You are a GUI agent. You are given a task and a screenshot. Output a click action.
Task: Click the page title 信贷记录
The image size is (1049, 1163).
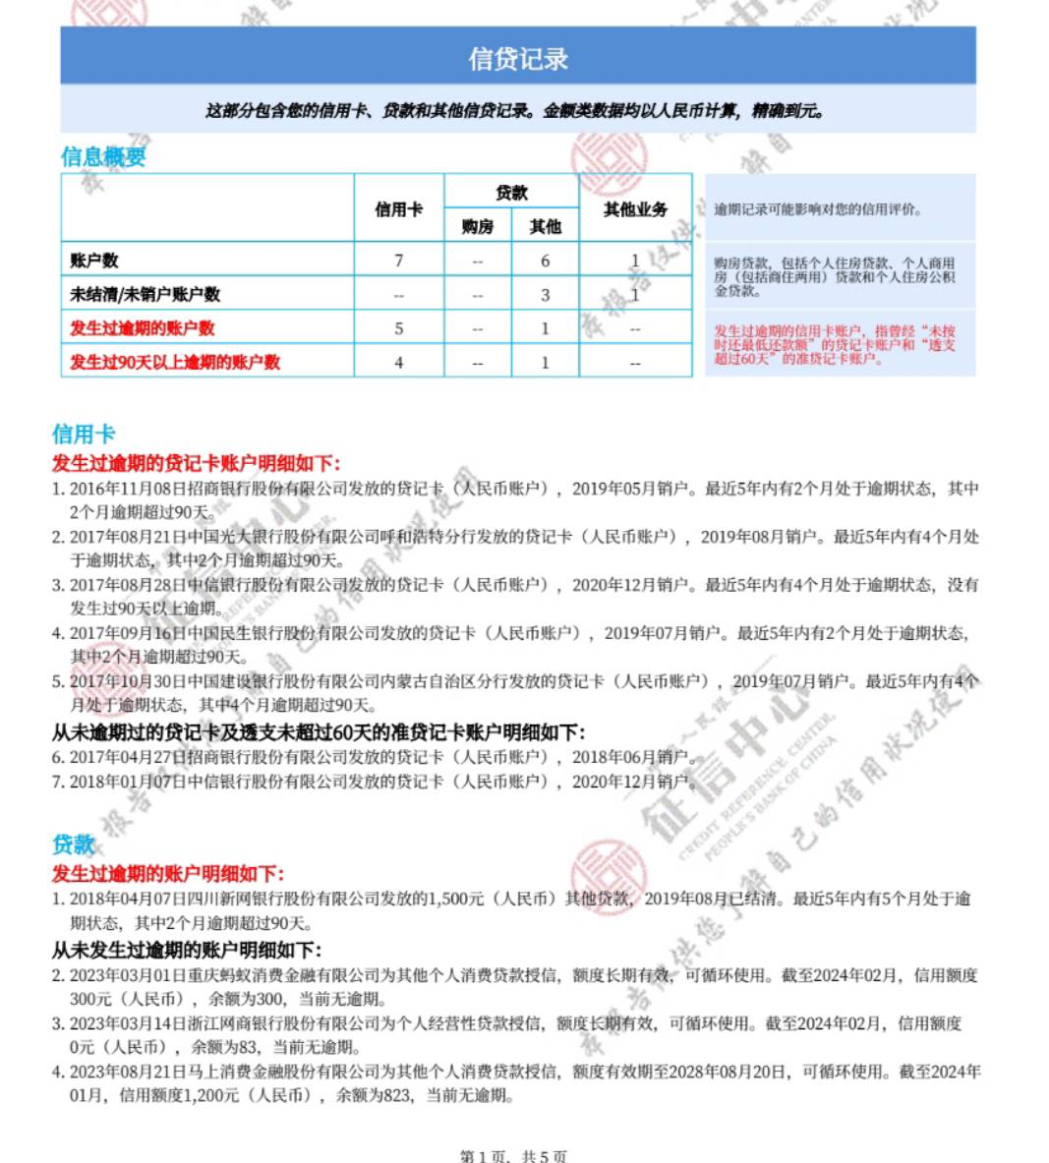[x=518, y=58]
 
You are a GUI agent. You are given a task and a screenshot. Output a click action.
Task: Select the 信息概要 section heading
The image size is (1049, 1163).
[x=103, y=156]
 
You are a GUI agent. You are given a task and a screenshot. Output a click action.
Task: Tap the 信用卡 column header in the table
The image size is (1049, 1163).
[x=398, y=209]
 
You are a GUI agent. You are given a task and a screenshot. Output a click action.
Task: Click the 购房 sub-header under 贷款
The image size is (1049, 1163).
[x=478, y=227]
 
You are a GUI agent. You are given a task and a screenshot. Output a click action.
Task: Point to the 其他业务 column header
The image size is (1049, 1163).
[x=635, y=209]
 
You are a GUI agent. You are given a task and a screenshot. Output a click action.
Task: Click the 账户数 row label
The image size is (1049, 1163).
[x=94, y=261]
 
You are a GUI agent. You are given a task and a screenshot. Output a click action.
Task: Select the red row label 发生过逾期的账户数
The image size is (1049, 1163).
[x=143, y=328]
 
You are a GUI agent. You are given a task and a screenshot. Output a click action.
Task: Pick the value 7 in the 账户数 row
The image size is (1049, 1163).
[x=398, y=261]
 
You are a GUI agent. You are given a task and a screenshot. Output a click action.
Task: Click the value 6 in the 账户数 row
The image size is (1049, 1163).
[x=545, y=261]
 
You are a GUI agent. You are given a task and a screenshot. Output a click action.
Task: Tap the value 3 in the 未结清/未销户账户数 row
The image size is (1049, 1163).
[x=545, y=295]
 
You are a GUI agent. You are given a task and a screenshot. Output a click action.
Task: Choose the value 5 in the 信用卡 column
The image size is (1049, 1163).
[x=398, y=328]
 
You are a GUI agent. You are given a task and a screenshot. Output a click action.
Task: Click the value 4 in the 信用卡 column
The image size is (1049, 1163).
[x=398, y=362]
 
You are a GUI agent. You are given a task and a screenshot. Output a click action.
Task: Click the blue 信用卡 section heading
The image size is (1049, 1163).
[x=84, y=434]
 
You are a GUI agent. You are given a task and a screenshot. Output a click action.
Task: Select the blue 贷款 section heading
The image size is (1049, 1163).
[x=74, y=843]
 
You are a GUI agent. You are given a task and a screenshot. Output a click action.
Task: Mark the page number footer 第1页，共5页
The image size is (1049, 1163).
[x=513, y=1156]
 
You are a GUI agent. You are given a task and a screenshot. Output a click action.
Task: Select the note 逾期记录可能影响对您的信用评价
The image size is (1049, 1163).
[x=818, y=209]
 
